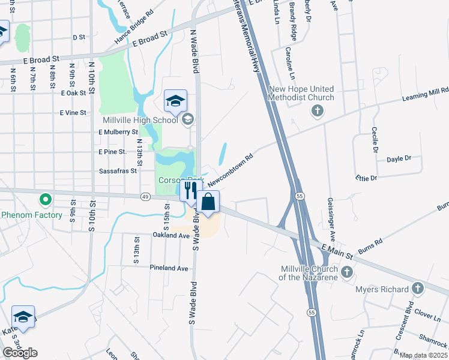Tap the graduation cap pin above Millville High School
tap(175, 101)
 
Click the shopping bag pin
tap(208, 202)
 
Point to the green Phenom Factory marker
tap(44, 199)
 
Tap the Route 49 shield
tap(145, 196)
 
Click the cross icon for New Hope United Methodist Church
tap(317, 110)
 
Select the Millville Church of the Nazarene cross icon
tap(346, 273)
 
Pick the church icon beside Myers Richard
tap(417, 289)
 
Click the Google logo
tap(20, 353)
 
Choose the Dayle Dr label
tap(399, 159)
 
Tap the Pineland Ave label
tap(170, 268)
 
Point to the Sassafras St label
tap(118, 171)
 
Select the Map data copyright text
tap(424, 355)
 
